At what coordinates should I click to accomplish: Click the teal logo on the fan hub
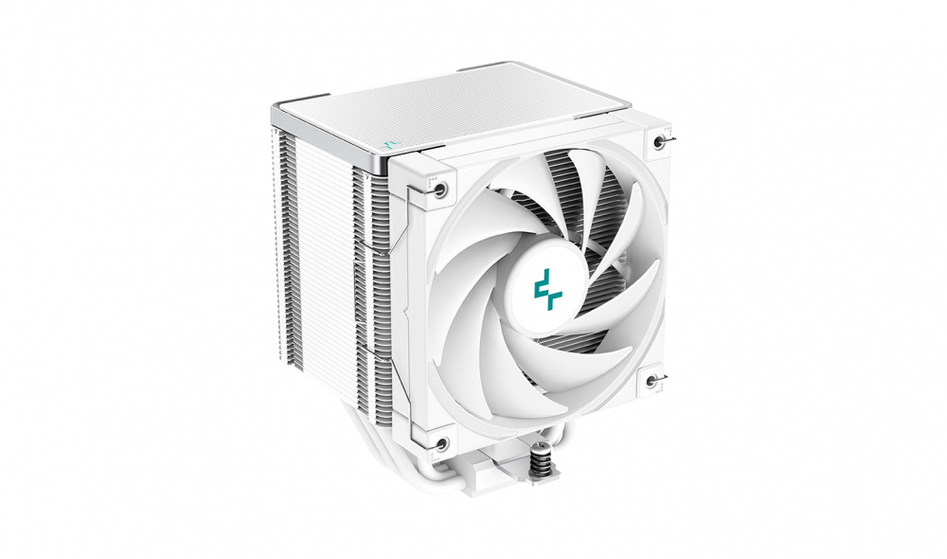(x=547, y=289)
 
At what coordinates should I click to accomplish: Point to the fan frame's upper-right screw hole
(x=659, y=141)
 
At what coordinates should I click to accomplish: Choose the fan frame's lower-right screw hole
(x=652, y=381)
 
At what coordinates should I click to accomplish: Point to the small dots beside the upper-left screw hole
(x=427, y=180)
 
